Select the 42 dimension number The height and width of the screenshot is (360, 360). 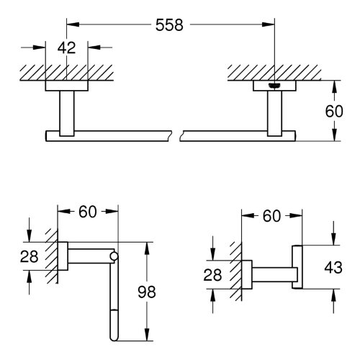(x=66, y=49)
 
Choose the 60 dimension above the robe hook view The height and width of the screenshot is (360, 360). (x=272, y=215)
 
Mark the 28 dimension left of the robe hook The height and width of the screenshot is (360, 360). (x=214, y=273)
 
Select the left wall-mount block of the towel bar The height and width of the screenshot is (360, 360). (x=66, y=86)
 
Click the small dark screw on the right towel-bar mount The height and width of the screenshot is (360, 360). (x=274, y=88)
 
